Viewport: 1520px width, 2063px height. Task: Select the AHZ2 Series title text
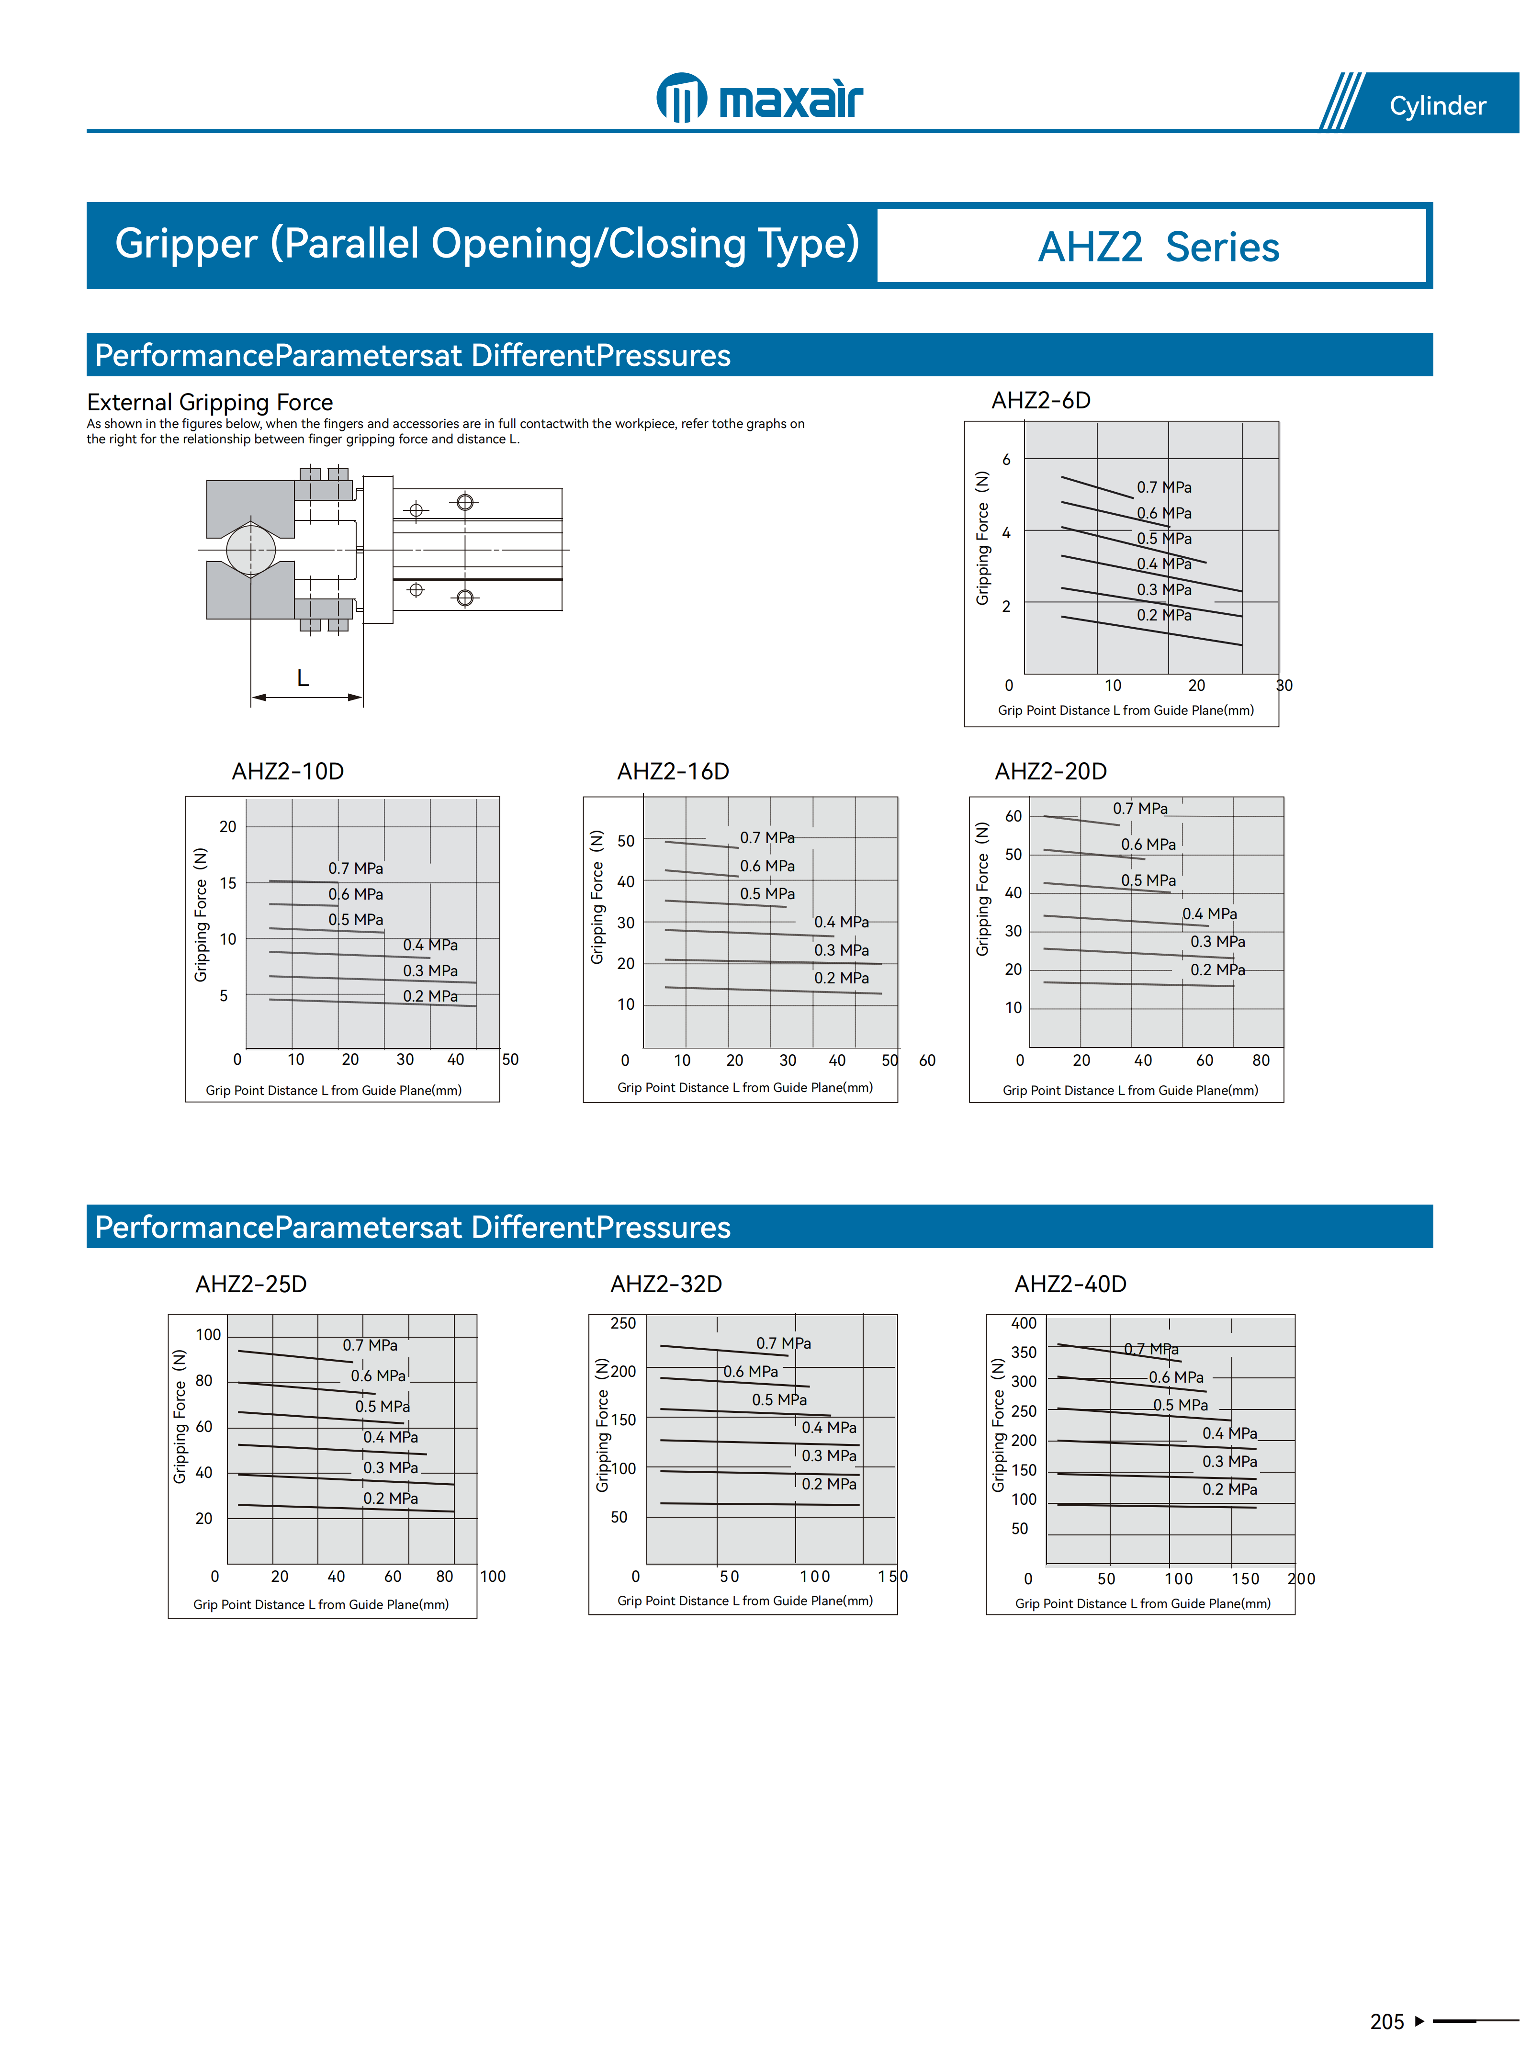pyautogui.click(x=1159, y=247)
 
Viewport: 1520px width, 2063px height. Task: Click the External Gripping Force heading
pyautogui.click(x=210, y=402)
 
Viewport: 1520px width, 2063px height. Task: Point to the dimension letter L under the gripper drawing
pyautogui.click(x=303, y=678)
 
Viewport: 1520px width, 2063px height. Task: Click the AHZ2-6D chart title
pyautogui.click(x=1041, y=400)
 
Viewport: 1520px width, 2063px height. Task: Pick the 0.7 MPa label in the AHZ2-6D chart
pyautogui.click(x=1164, y=487)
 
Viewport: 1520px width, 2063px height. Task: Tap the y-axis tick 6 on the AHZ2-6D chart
pyautogui.click(x=1007, y=459)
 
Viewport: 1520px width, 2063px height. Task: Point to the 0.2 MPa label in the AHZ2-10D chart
pyautogui.click(x=430, y=996)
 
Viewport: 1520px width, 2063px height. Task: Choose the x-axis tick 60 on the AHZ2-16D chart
pyautogui.click(x=927, y=1060)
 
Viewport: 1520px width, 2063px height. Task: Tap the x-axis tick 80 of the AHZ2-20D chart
pyautogui.click(x=1261, y=1060)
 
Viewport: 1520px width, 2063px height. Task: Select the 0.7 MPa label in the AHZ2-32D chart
pyautogui.click(x=784, y=1343)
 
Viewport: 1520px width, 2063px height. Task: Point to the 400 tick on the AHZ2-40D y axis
pyautogui.click(x=1024, y=1323)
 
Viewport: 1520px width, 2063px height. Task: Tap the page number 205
pyautogui.click(x=1386, y=2022)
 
